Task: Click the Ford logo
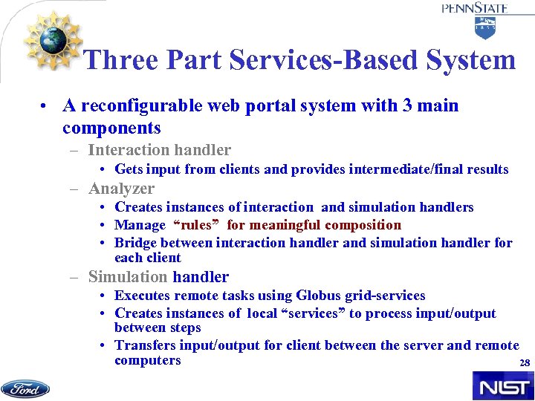(25, 388)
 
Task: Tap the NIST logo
(502, 386)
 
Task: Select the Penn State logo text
(475, 8)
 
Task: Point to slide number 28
(524, 363)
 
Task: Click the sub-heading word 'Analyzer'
(121, 189)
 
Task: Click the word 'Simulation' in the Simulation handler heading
(128, 277)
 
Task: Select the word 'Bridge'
(136, 243)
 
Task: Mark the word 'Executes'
(143, 296)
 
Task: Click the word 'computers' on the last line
(147, 360)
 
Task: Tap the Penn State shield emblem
(485, 27)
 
